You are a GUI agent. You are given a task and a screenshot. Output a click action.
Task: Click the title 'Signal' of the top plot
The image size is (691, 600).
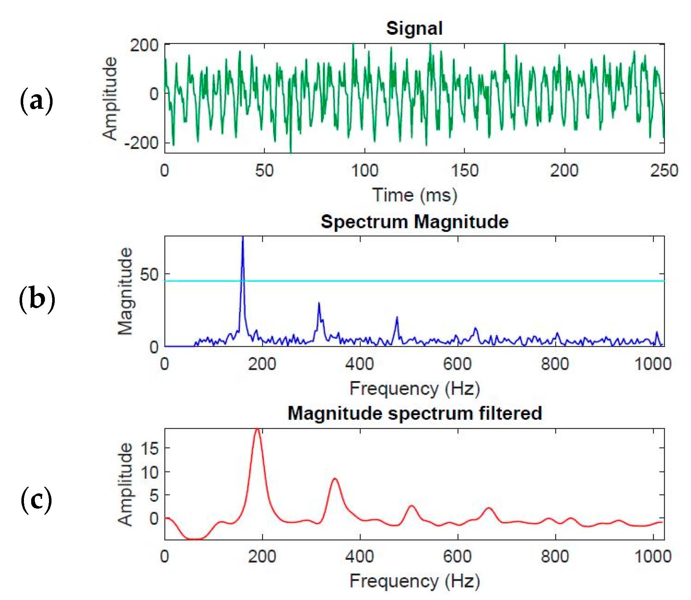[x=414, y=28]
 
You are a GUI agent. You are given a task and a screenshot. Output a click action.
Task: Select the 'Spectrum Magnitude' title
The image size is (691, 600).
[x=414, y=222]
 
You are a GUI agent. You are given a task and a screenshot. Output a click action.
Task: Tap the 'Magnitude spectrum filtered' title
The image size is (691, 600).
[x=414, y=413]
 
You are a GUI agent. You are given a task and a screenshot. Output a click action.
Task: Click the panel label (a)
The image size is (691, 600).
[x=36, y=101]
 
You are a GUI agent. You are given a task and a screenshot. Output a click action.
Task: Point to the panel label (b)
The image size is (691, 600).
[x=37, y=299]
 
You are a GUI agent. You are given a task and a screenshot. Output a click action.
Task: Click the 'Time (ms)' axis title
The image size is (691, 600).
[x=414, y=195]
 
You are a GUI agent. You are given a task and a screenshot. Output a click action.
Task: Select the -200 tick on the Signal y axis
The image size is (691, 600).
[x=141, y=143]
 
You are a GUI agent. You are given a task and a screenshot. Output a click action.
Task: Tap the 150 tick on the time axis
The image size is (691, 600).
[x=464, y=170]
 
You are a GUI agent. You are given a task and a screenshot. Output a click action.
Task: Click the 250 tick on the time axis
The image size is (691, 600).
[x=663, y=170]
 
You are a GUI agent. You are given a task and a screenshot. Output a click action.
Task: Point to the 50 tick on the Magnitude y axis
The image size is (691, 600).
[x=149, y=274]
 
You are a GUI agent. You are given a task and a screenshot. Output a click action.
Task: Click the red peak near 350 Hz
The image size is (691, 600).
[x=335, y=479]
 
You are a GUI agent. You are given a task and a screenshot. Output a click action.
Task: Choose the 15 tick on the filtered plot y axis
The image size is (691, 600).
[x=150, y=449]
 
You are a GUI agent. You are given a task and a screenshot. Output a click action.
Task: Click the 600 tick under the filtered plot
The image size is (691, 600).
[x=457, y=556]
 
